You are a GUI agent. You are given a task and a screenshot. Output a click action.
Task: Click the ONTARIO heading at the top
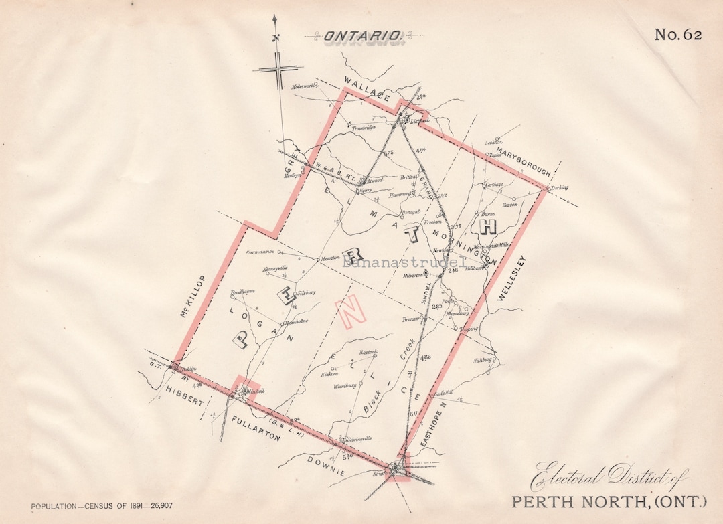[363, 36]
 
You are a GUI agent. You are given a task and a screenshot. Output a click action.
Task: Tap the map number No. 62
[678, 35]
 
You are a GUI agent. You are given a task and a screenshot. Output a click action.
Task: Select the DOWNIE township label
[327, 466]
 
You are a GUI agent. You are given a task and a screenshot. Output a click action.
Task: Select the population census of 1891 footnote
[101, 506]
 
